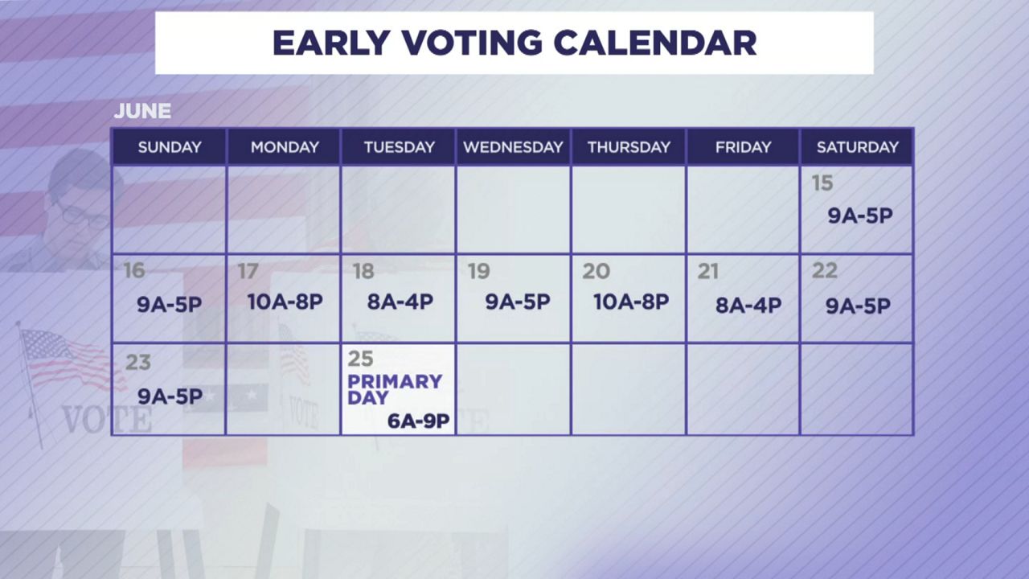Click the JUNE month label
(142, 111)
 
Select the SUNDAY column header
(170, 147)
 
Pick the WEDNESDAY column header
(513, 147)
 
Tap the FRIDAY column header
(743, 147)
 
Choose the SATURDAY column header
(857, 147)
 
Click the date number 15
(822, 183)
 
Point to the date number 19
(478, 272)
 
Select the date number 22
(824, 271)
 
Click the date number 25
(360, 359)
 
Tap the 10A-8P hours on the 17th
(285, 302)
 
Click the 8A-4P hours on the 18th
(400, 302)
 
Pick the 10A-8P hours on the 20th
(630, 302)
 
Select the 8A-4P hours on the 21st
(748, 306)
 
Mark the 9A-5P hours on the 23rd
(170, 396)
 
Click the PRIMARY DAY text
(394, 388)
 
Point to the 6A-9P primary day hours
(417, 421)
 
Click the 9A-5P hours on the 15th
(860, 216)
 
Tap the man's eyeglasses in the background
(80, 215)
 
